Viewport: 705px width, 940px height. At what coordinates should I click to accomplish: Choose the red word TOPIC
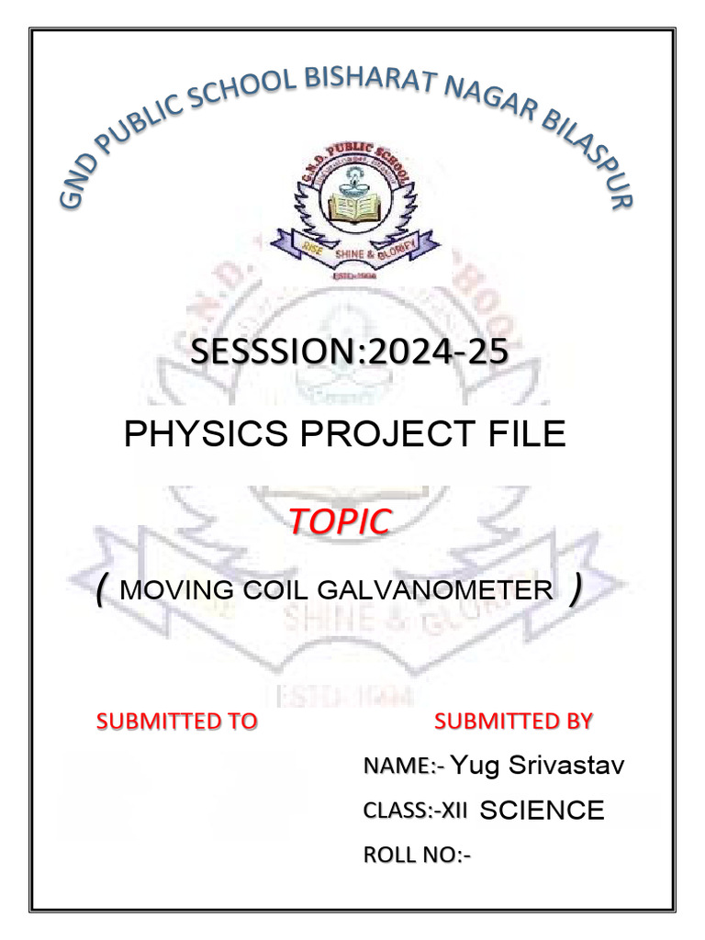pyautogui.click(x=340, y=521)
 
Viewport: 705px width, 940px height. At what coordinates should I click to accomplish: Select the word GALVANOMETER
pyautogui.click(x=433, y=589)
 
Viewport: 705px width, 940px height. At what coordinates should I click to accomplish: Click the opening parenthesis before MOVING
pyautogui.click(x=101, y=592)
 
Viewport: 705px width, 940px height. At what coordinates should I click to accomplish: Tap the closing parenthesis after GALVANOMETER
pyautogui.click(x=576, y=592)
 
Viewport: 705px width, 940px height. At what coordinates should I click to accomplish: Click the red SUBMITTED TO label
pyautogui.click(x=177, y=722)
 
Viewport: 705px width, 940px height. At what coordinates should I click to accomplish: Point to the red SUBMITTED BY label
pyautogui.click(x=513, y=721)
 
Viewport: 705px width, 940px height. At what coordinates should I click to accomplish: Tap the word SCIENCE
pyautogui.click(x=543, y=811)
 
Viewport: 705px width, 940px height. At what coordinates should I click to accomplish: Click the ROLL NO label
pyautogui.click(x=417, y=855)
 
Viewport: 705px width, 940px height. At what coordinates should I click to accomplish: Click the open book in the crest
pyautogui.click(x=353, y=208)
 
